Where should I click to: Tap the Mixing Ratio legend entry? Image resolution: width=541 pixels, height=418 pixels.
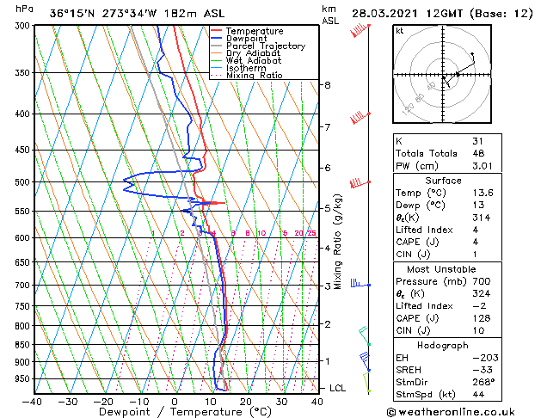pos(254,76)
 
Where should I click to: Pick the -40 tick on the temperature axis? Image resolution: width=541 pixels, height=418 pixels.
pos(33,401)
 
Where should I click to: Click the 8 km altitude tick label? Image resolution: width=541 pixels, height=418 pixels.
pos(328,85)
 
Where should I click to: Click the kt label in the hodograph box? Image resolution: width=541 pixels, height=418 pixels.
pos(399,31)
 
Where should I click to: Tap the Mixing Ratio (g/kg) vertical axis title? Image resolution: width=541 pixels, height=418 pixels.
pos(338,242)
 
